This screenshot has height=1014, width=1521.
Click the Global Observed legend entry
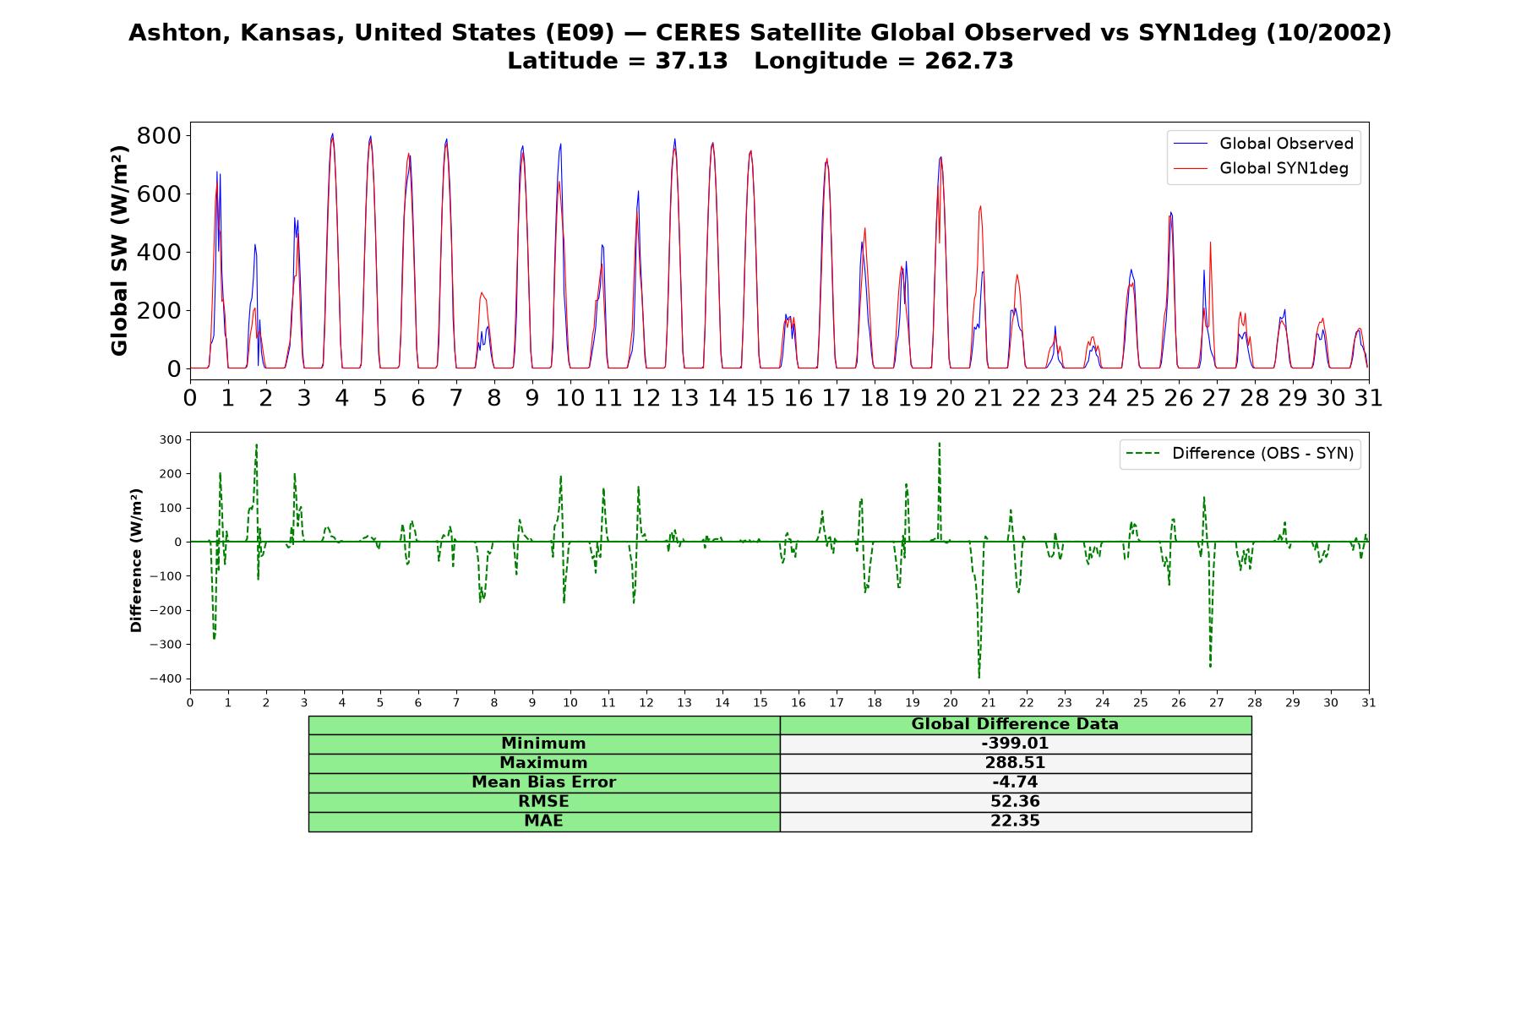[1264, 144]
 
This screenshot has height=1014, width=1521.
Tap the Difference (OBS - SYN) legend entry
[1240, 454]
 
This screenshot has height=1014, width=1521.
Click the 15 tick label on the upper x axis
[760, 398]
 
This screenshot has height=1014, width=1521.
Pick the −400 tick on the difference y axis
[166, 679]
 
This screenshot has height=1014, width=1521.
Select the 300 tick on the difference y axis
[170, 439]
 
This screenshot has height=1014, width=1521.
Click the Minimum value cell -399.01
[1015, 744]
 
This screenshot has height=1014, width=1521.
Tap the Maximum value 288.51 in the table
[1015, 763]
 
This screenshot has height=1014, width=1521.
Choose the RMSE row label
[543, 802]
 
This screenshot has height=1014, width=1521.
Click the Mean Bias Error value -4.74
[1015, 782]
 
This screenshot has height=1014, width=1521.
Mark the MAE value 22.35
[1015, 821]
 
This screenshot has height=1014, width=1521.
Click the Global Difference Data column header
[1015, 724]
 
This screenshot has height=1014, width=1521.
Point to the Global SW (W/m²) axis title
[120, 251]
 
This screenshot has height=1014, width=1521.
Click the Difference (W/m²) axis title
[136, 561]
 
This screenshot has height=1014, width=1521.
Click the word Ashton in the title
[176, 33]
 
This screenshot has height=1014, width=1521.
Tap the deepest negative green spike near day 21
[979, 677]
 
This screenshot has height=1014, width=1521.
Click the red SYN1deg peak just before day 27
[1210, 243]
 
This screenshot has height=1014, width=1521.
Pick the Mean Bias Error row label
[543, 782]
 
